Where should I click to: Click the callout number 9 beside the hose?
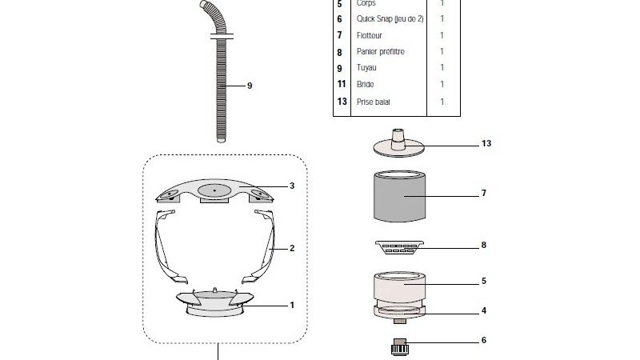(x=250, y=85)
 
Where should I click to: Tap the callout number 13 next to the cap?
(x=487, y=144)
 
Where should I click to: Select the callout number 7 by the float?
(x=484, y=193)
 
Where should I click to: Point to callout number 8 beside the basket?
(x=484, y=246)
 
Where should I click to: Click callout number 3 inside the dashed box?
(x=292, y=186)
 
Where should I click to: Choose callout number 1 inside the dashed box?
(x=292, y=305)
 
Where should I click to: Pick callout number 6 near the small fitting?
(x=484, y=340)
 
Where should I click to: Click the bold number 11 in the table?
(x=342, y=84)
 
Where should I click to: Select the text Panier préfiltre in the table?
(x=382, y=51)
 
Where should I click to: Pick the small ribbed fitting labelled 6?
(x=400, y=346)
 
